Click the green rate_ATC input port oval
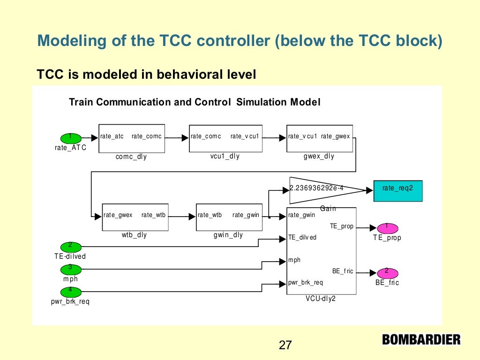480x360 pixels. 70,138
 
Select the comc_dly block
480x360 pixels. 131,138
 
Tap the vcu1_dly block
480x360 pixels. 225,138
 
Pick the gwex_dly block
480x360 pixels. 320,138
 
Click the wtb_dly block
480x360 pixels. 135,217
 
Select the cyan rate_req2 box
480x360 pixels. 397,189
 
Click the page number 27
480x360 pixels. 285,345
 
